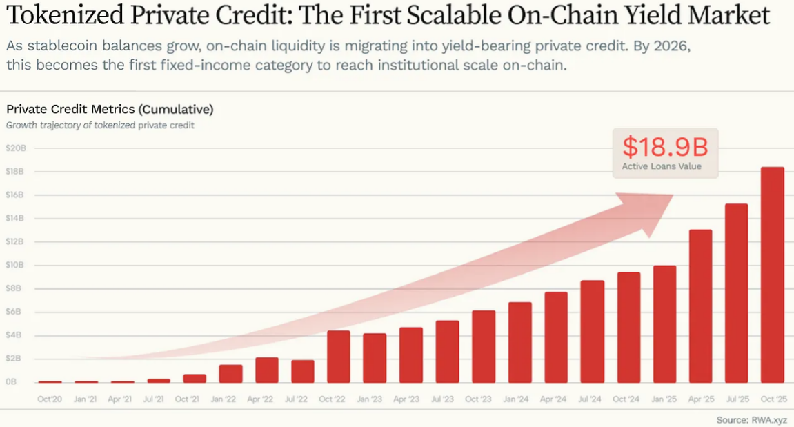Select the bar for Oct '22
coord(339,357)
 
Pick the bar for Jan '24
coord(519,342)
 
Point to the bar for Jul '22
coord(302,371)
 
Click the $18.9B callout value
coord(665,147)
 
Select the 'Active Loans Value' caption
coord(662,166)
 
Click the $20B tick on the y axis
coord(15,148)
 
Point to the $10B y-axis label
coord(15,265)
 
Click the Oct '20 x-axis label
coord(50,399)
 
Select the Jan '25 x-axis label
coord(664,399)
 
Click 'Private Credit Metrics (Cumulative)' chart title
coord(110,109)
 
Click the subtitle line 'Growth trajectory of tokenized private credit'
coord(100,126)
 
